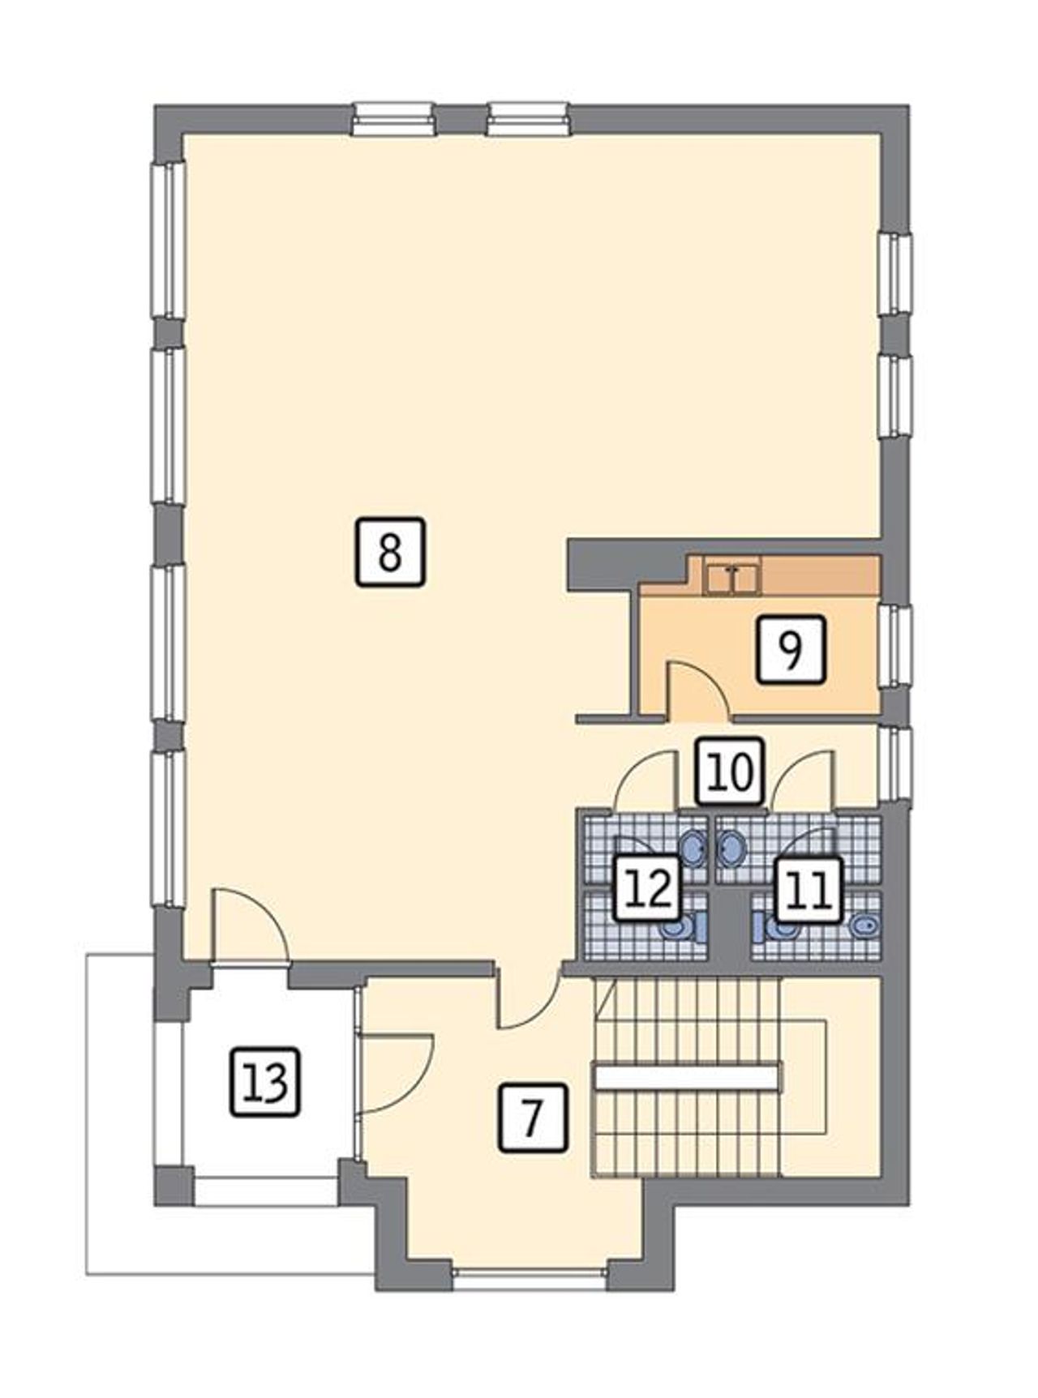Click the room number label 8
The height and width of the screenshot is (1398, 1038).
(x=390, y=552)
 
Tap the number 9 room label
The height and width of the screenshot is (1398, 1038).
(x=791, y=648)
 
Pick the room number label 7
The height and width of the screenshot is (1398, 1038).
(x=533, y=1118)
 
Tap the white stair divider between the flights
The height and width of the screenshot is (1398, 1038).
(x=686, y=1076)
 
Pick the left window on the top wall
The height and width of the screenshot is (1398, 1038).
(x=393, y=118)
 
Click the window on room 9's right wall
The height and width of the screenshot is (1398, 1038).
(x=895, y=646)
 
